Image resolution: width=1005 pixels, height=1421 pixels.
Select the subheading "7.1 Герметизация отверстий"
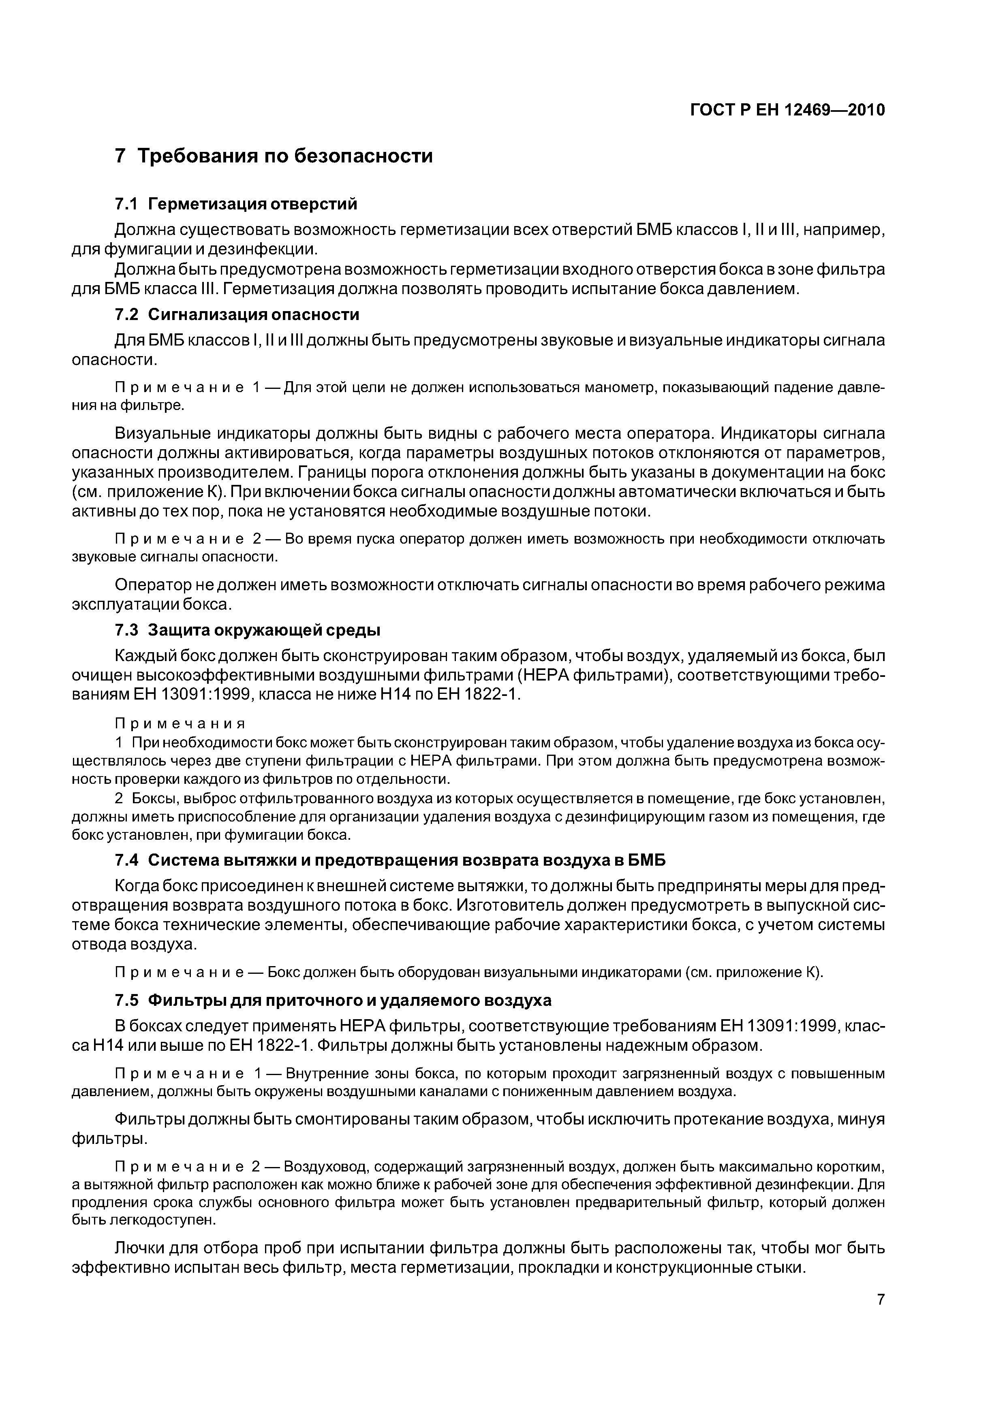[237, 204]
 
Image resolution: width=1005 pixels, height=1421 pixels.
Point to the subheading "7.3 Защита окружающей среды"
[248, 630]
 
